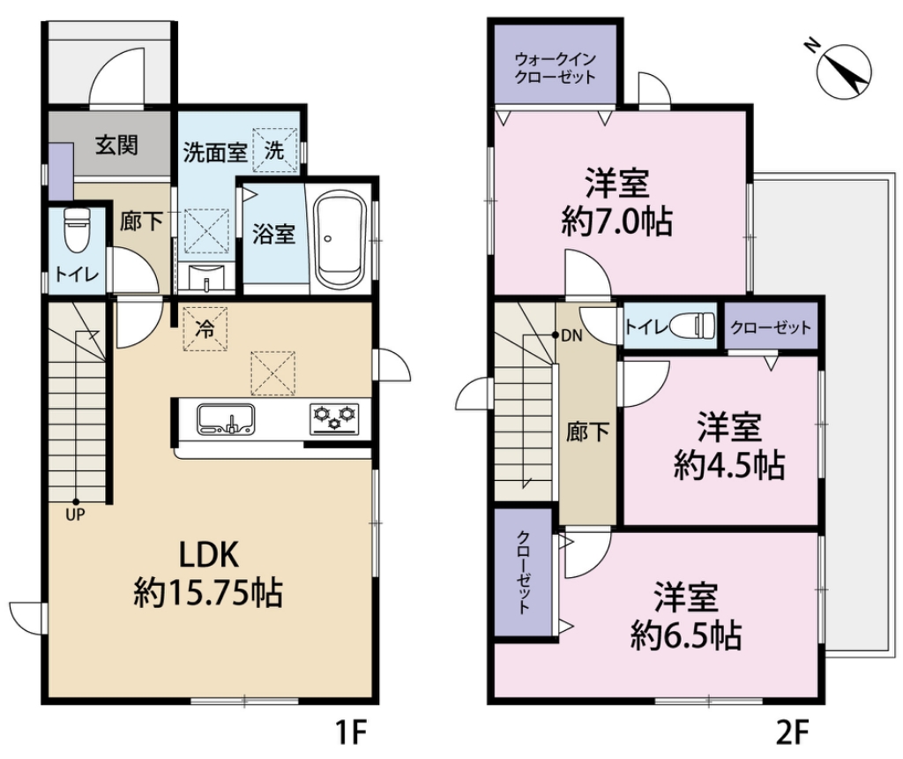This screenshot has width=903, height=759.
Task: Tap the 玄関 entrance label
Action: coord(116,144)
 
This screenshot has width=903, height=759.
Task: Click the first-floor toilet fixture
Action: coord(77,231)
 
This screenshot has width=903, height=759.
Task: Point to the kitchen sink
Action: coord(226,418)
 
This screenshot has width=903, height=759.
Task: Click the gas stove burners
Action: coord(336,417)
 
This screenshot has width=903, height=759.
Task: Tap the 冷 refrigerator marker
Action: coord(205,329)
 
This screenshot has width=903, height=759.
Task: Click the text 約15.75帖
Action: coord(207,592)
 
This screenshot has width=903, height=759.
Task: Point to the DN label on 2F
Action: coord(571,335)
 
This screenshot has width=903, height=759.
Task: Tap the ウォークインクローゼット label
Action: coord(556,68)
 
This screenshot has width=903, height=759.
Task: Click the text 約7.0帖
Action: coord(617,222)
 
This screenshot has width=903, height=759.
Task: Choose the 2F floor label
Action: coord(793,732)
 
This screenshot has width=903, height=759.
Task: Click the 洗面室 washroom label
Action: coord(214,151)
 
